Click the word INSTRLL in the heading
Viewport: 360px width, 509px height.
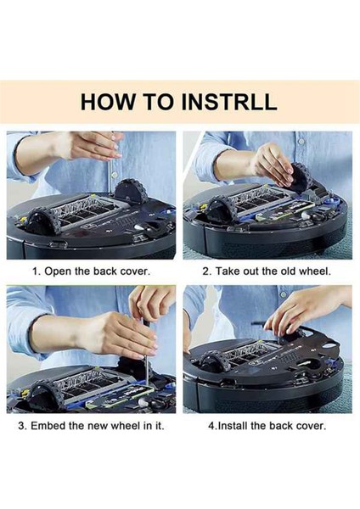228,102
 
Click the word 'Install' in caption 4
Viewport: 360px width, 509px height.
233,426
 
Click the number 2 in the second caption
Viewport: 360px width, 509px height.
205,271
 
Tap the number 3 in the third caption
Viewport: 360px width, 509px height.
21,426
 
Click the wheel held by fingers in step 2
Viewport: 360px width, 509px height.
301,177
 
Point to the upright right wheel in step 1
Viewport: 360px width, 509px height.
132,192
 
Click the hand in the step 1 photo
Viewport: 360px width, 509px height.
90,147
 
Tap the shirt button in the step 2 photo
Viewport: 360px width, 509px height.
302,142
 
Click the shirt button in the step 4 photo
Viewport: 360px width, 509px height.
284,294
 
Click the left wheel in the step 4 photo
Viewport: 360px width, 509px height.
213,364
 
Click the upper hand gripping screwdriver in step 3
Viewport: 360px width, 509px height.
152,303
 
